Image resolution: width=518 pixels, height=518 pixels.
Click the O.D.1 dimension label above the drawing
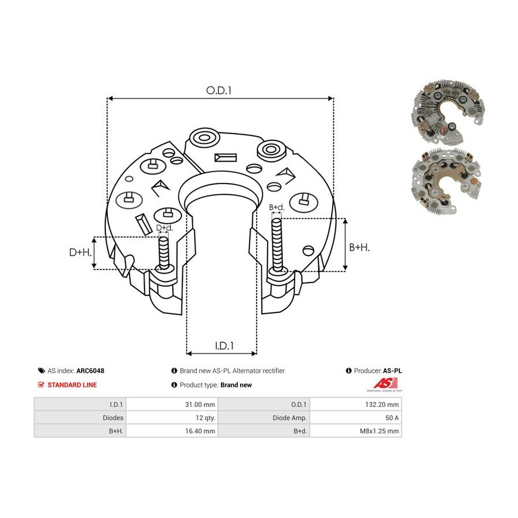pyautogui.click(x=219, y=90)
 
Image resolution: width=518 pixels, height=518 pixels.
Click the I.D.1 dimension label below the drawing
pyautogui.click(x=224, y=346)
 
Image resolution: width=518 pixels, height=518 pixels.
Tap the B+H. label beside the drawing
pyautogui.click(x=359, y=247)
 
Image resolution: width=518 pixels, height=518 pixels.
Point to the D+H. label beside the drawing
pyautogui.click(x=80, y=253)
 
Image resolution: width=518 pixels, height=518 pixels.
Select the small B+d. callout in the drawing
pyautogui.click(x=276, y=207)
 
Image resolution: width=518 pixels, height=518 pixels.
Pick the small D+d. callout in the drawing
pyautogui.click(x=164, y=228)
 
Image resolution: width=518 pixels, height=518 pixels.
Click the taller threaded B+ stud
pyautogui.click(x=277, y=245)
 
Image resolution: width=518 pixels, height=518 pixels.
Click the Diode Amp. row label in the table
pyautogui.click(x=290, y=418)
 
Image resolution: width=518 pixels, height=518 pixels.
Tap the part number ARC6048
pyautogui.click(x=90, y=371)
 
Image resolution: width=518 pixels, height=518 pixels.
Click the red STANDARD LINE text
pyautogui.click(x=72, y=385)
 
